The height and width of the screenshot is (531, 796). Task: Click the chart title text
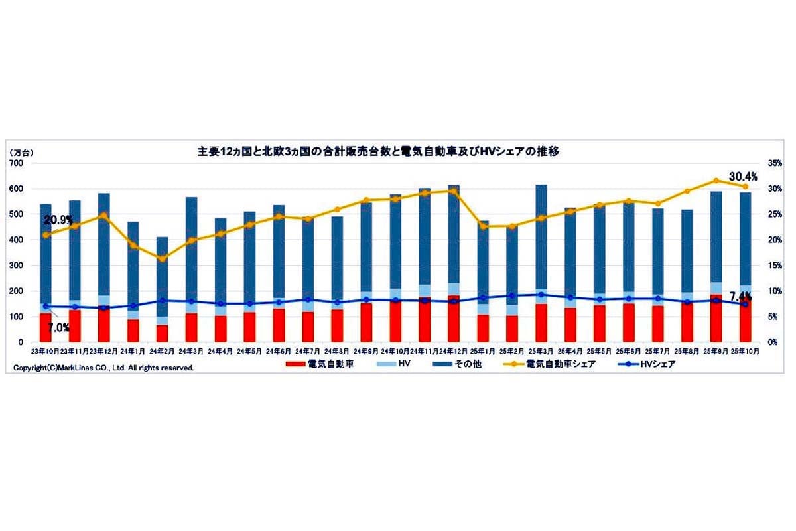click(378, 151)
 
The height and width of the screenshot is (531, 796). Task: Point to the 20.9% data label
click(58, 220)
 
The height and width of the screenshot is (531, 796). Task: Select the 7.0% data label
click(58, 328)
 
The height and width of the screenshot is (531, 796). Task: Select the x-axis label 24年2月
click(163, 352)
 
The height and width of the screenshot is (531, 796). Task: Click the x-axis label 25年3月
click(541, 352)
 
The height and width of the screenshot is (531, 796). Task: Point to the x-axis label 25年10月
click(745, 352)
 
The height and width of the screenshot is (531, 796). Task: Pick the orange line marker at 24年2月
click(163, 258)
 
